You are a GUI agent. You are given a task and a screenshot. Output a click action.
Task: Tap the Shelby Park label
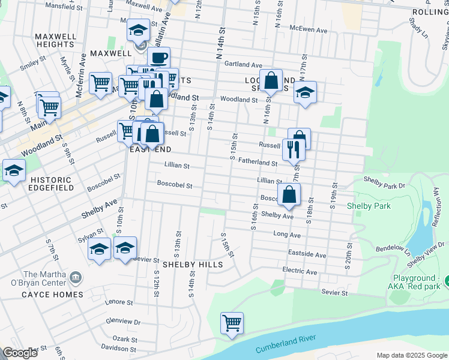click(x=369, y=206)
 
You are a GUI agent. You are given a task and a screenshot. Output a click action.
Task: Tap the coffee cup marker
click(x=158, y=58)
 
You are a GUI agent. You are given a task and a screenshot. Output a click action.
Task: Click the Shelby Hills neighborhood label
click(x=192, y=264)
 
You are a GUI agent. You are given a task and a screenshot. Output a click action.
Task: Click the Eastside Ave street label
click(x=307, y=255)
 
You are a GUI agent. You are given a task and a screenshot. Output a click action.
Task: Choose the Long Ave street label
click(x=286, y=234)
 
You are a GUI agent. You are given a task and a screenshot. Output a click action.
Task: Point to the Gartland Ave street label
click(x=243, y=65)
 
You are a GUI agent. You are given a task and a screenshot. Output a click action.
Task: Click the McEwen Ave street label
click(x=308, y=29)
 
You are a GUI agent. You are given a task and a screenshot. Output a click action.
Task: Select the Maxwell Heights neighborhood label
click(x=56, y=40)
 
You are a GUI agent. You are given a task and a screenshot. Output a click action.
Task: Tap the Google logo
click(x=20, y=353)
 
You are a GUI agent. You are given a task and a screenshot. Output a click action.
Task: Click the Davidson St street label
click(x=118, y=349)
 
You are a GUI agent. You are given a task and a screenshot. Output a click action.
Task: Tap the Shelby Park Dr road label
click(x=384, y=179)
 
